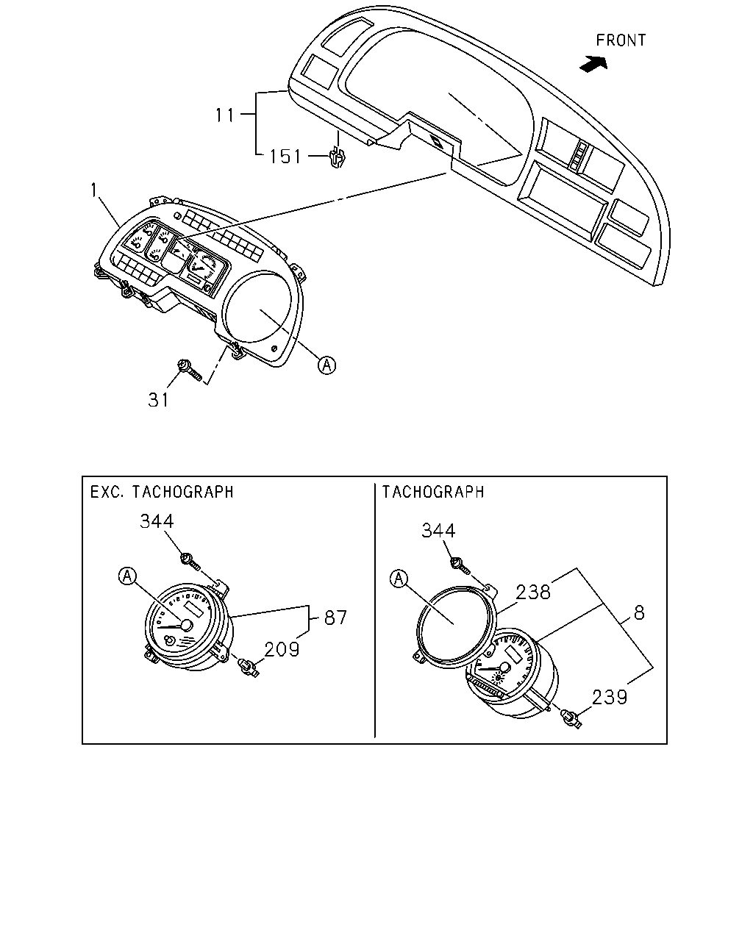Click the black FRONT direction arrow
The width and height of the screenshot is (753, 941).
click(594, 64)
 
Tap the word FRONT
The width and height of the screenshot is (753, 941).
click(621, 40)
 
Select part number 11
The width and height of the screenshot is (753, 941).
click(225, 115)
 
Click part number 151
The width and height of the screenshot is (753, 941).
click(285, 157)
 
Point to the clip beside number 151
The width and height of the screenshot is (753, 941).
click(338, 159)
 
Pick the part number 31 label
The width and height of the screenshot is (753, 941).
click(158, 400)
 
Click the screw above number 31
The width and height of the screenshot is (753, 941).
click(189, 371)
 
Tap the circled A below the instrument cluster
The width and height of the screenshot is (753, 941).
click(326, 365)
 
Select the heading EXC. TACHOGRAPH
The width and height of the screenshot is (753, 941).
click(162, 492)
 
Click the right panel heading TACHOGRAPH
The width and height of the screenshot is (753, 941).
click(433, 492)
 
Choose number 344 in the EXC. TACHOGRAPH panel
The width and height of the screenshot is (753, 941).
click(157, 521)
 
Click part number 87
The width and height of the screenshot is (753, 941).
click(335, 618)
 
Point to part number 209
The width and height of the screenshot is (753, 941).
click(282, 649)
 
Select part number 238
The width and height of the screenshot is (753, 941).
click(533, 593)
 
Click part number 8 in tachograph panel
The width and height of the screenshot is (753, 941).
click(639, 613)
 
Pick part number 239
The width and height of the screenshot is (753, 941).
click(610, 697)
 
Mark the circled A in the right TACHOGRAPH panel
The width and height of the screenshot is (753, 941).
click(398, 579)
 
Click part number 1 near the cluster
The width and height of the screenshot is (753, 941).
click(93, 190)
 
